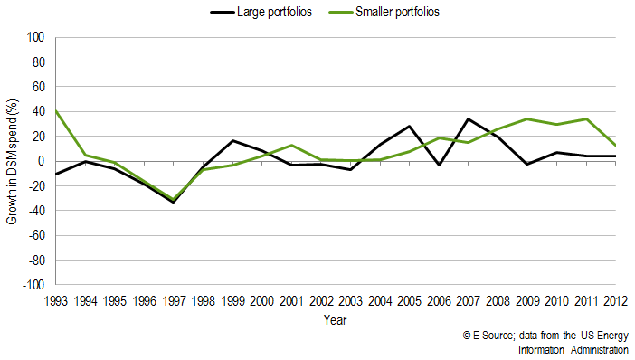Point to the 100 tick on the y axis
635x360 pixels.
click(35, 38)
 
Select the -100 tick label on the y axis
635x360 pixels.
click(33, 285)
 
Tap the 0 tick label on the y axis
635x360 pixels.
click(41, 161)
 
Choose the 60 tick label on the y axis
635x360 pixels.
click(38, 88)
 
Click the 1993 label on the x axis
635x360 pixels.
click(56, 300)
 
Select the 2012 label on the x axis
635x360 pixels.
click(615, 300)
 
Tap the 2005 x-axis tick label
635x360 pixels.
click(409, 300)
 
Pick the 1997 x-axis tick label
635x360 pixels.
click(174, 300)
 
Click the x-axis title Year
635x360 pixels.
click(335, 319)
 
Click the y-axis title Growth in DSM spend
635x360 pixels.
click(13, 161)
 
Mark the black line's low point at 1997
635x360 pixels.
click(174, 202)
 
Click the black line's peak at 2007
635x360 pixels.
click(468, 118)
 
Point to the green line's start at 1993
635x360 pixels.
click(56, 110)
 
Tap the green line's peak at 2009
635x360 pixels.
click(526, 118)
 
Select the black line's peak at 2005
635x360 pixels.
click(409, 126)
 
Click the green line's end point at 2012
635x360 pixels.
click(615, 145)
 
